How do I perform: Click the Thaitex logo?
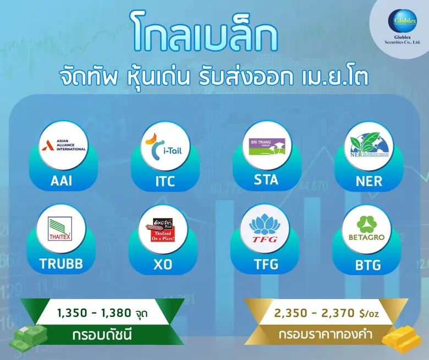(x=61, y=229)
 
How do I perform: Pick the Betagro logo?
(x=366, y=229)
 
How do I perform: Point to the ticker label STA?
(x=266, y=180)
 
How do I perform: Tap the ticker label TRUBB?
(x=61, y=264)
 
